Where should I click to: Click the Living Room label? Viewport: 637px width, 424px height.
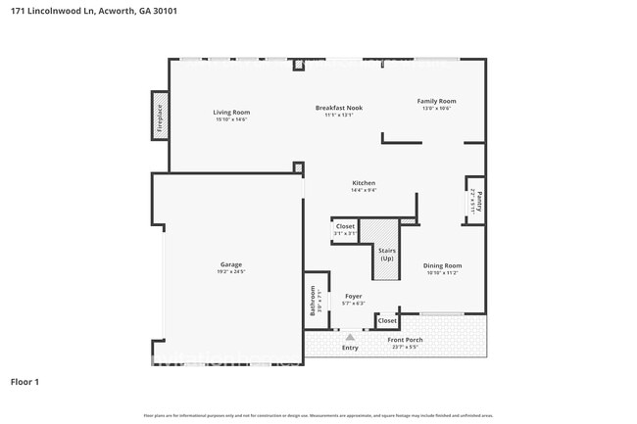[231, 113]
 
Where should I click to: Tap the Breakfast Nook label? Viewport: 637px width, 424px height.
[338, 108]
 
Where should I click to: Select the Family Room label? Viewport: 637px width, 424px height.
[436, 101]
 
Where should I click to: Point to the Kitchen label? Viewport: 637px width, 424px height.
[364, 183]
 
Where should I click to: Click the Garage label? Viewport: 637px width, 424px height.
[230, 264]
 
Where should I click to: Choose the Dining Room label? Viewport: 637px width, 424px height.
[441, 265]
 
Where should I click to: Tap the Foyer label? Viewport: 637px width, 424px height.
[353, 296]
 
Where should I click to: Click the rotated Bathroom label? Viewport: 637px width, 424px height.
[314, 299]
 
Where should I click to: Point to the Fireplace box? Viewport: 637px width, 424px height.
[160, 116]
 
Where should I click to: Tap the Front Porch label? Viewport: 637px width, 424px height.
[405, 340]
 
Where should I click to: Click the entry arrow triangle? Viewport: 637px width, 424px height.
[349, 336]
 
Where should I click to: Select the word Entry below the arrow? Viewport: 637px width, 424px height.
[350, 348]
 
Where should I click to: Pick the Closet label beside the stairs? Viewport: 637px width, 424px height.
[345, 226]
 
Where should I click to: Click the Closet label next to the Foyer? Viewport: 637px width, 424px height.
[387, 320]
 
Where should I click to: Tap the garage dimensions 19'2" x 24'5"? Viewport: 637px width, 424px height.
[230, 271]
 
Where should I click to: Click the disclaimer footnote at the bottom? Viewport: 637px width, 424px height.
[318, 416]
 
